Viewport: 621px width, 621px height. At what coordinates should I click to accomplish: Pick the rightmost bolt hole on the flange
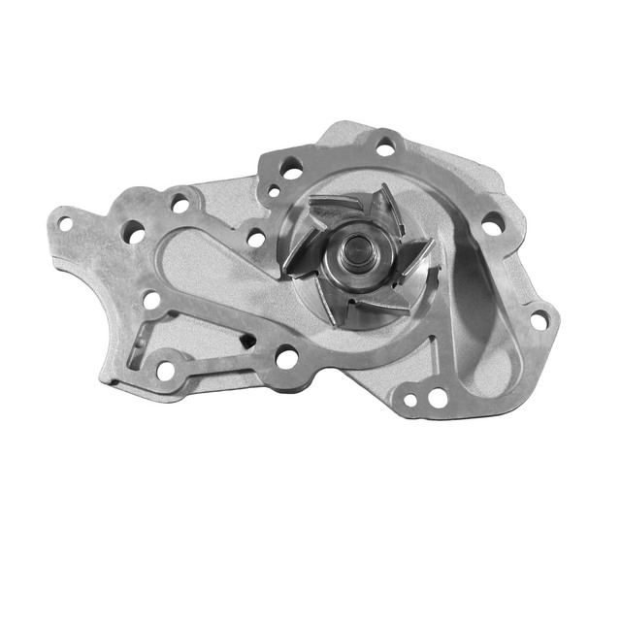pos(537,313)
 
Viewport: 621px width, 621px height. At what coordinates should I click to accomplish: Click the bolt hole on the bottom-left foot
pos(167,370)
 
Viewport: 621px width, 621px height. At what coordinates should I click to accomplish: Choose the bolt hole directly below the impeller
pos(286,358)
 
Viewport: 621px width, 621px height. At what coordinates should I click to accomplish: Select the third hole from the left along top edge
pos(180,205)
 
